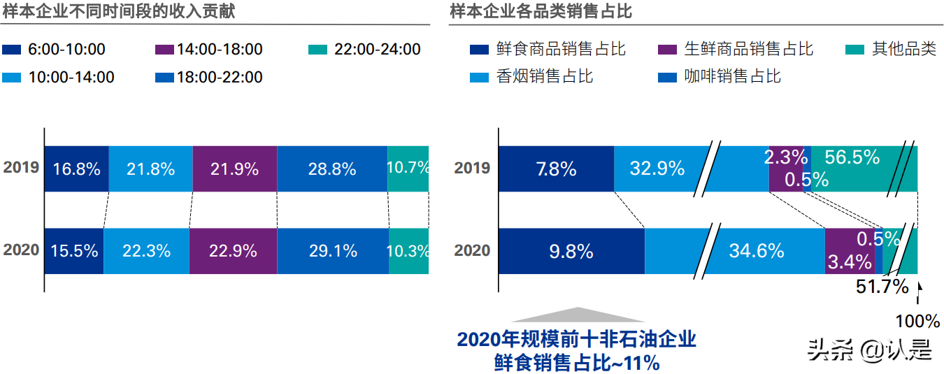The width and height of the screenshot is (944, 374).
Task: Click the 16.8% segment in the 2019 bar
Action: click(76, 168)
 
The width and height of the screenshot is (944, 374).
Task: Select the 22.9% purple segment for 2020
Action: click(233, 251)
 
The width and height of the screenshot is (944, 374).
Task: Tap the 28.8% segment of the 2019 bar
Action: click(332, 168)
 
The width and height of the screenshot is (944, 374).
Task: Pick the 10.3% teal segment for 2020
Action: click(408, 251)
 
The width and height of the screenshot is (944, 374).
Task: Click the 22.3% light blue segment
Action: click(146, 251)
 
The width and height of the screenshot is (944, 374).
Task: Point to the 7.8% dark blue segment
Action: click(557, 168)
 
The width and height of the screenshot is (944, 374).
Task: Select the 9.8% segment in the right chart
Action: click(571, 251)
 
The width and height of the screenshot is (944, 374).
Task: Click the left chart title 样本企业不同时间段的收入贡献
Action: click(119, 11)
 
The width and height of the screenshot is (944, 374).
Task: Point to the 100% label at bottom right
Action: click(918, 321)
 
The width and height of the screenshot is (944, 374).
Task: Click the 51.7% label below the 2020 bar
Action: click(882, 286)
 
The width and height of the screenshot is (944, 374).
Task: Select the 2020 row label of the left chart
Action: click(21, 250)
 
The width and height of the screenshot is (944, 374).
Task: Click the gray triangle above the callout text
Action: click(577, 314)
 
